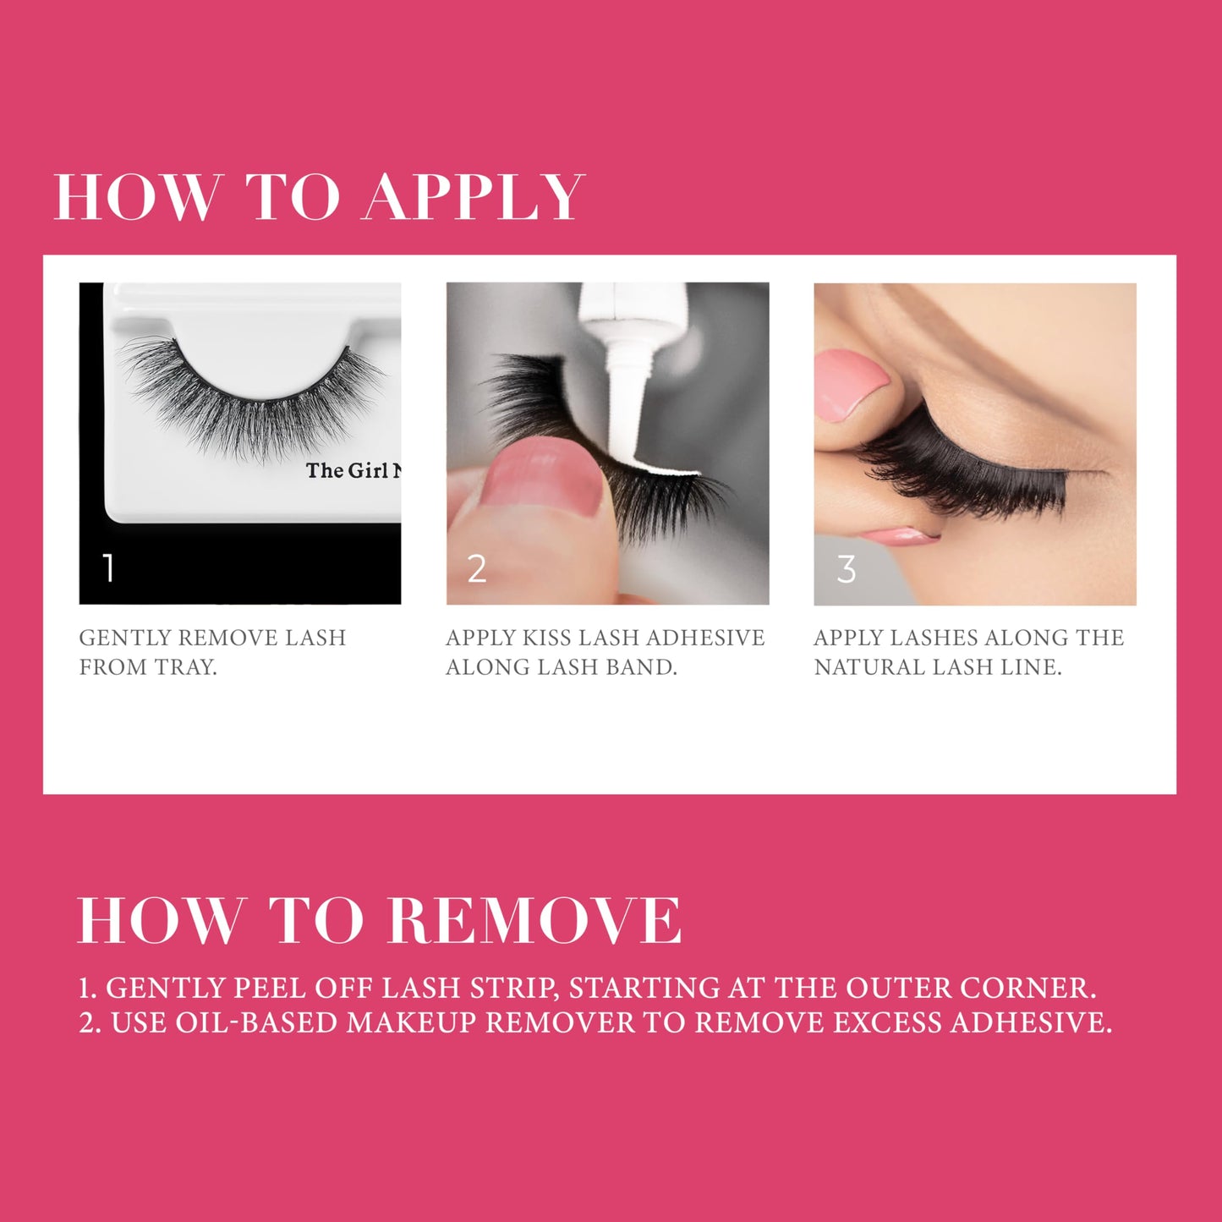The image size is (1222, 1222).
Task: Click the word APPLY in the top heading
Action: click(x=474, y=198)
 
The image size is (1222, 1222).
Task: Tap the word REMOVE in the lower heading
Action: click(x=534, y=920)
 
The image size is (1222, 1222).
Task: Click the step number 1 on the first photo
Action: click(x=108, y=568)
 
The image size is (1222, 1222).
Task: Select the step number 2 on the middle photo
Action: click(x=477, y=569)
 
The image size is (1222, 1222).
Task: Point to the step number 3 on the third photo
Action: click(x=846, y=569)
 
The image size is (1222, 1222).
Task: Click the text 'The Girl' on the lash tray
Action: click(x=347, y=471)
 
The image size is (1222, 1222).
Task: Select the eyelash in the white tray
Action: click(x=254, y=397)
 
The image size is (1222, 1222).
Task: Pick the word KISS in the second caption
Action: click(x=550, y=638)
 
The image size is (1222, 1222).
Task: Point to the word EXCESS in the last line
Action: click(x=887, y=1022)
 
